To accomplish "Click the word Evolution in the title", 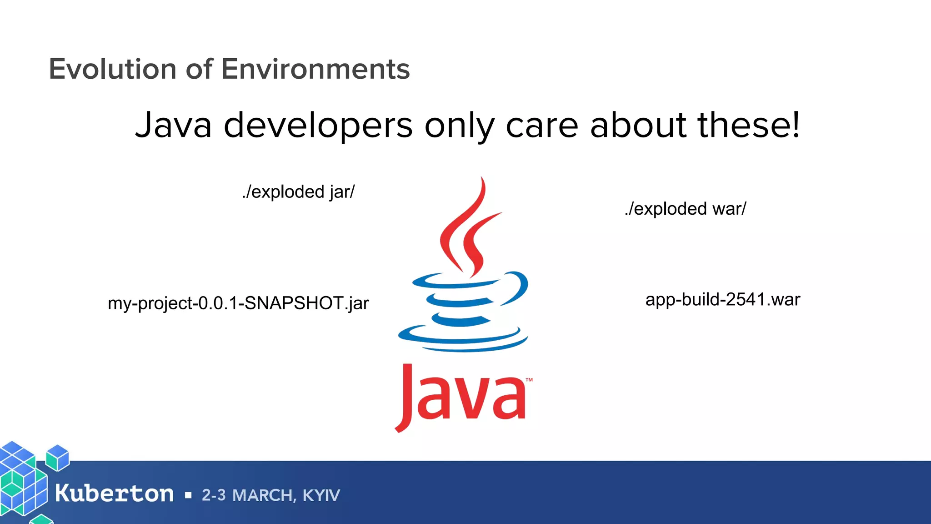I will click(x=112, y=69).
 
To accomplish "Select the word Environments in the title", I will click(x=315, y=69).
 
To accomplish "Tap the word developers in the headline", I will click(x=318, y=126).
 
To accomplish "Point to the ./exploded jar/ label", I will click(x=298, y=192).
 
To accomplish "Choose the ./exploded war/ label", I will click(x=685, y=209).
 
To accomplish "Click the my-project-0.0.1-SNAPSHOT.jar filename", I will click(x=238, y=303).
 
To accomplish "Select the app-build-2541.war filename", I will click(x=722, y=299).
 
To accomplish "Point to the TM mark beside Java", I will click(x=529, y=379).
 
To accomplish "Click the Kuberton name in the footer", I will click(x=114, y=494).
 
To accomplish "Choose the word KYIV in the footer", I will click(x=321, y=495).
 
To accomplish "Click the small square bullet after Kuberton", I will click(x=188, y=495).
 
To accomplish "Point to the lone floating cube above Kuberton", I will click(x=58, y=458).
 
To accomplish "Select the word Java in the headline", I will click(x=173, y=126).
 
